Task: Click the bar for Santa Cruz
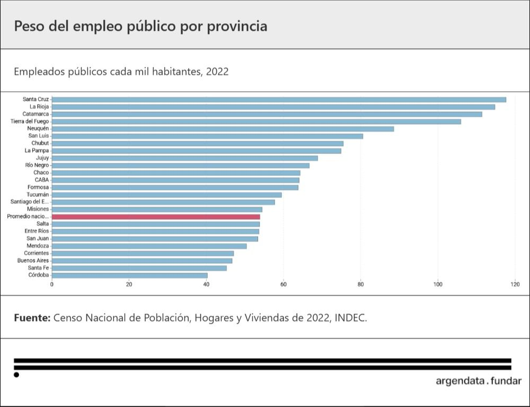(x=279, y=99)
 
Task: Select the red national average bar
(x=156, y=217)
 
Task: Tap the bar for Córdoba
(x=129, y=275)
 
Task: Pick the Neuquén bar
(x=223, y=128)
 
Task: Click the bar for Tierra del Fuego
(x=256, y=122)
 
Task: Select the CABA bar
(x=175, y=180)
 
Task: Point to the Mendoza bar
(x=149, y=246)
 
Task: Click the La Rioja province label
(x=39, y=107)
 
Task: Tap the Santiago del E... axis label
(x=30, y=202)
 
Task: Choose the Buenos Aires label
(x=33, y=261)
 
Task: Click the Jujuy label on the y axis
(x=42, y=158)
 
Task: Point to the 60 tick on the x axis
(x=284, y=284)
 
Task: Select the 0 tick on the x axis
(x=52, y=284)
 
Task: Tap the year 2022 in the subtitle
(x=217, y=71)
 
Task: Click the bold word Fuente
(x=32, y=318)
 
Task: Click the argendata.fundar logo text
(x=478, y=381)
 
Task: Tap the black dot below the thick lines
(x=16, y=375)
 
